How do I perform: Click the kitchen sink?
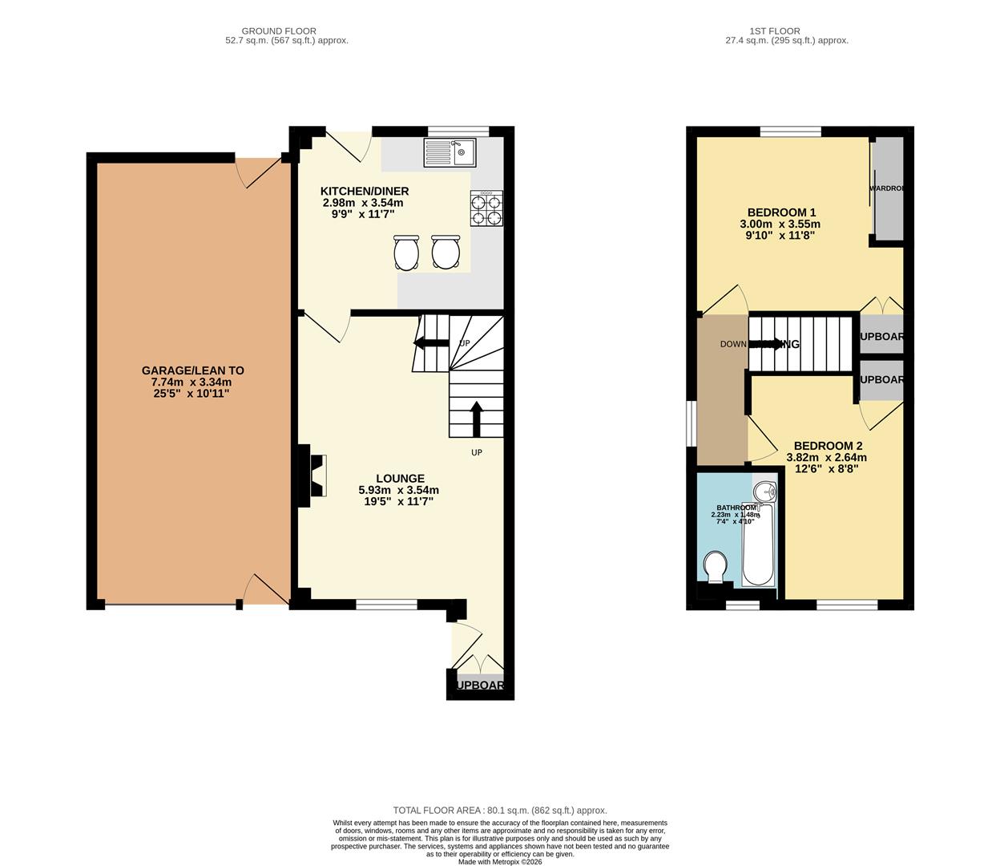tap(450, 152)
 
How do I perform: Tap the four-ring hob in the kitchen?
tap(486, 209)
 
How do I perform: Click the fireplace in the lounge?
tap(313, 476)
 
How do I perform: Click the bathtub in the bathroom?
tap(757, 545)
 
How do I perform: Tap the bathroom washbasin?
tap(765, 490)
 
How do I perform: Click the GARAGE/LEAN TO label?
tap(192, 370)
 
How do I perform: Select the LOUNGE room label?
tap(400, 479)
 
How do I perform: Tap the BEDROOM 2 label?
tap(828, 446)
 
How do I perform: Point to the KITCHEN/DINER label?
tap(365, 191)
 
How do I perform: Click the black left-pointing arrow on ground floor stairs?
tap(430, 343)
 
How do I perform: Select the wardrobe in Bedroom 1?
tap(888, 189)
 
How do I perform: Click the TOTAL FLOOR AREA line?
tap(499, 811)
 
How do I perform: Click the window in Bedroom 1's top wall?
tap(790, 132)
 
